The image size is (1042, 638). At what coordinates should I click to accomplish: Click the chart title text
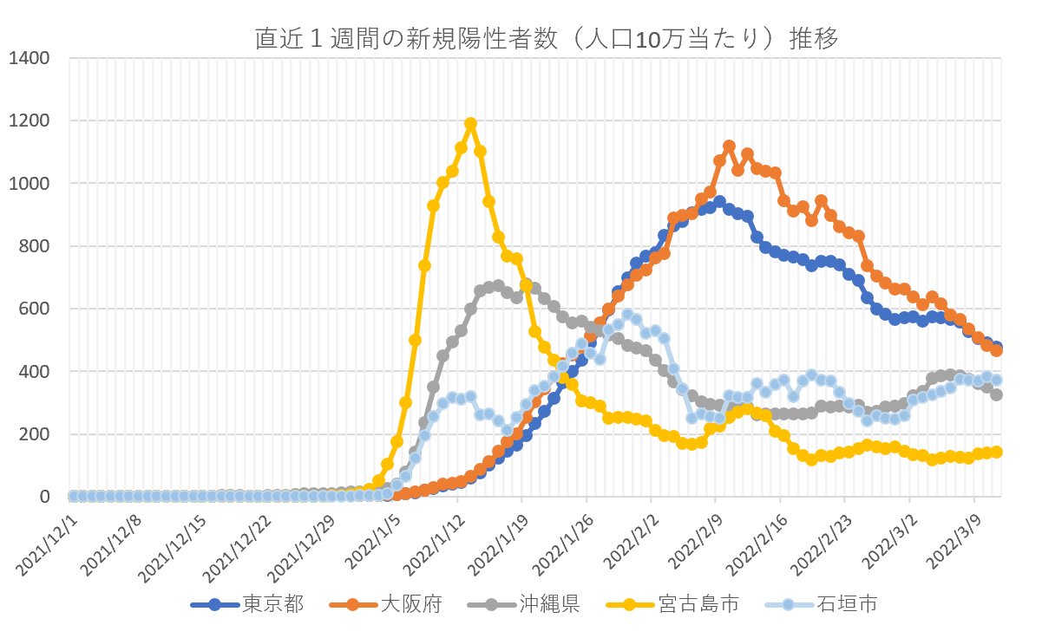click(x=547, y=40)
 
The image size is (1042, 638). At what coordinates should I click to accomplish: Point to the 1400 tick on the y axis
click(x=29, y=59)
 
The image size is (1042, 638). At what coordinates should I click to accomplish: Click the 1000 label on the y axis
click(x=29, y=184)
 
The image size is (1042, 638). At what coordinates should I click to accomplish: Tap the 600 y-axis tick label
click(x=35, y=309)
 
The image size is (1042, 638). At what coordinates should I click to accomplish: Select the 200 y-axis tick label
click(x=35, y=434)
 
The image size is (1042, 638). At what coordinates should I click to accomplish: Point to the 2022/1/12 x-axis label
click(x=434, y=534)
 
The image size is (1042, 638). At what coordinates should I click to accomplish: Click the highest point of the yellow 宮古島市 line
click(x=470, y=124)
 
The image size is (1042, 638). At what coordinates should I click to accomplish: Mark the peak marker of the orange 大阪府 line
click(x=729, y=146)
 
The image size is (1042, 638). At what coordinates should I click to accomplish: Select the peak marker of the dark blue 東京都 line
click(x=719, y=202)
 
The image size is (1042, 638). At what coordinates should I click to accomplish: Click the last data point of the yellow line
click(x=997, y=452)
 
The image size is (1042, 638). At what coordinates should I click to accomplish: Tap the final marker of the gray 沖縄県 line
click(x=997, y=394)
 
